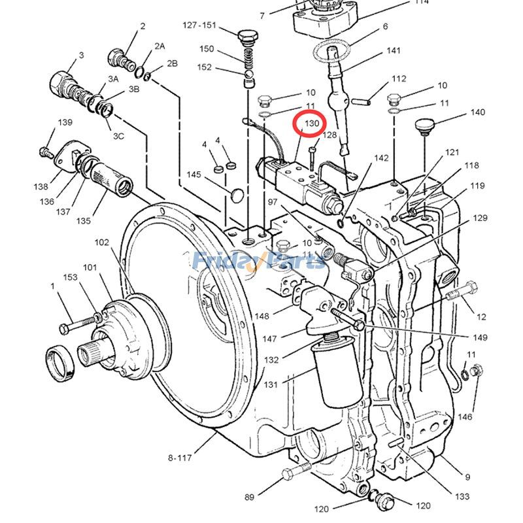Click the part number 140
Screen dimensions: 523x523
point(477,112)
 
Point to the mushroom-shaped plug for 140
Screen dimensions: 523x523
point(426,125)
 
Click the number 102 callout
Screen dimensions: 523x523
point(102,242)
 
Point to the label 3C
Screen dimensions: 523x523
point(119,137)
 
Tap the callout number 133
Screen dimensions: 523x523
point(462,496)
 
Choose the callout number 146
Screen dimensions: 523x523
point(464,416)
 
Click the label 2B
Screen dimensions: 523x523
point(172,63)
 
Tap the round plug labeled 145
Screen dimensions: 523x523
point(237,194)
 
